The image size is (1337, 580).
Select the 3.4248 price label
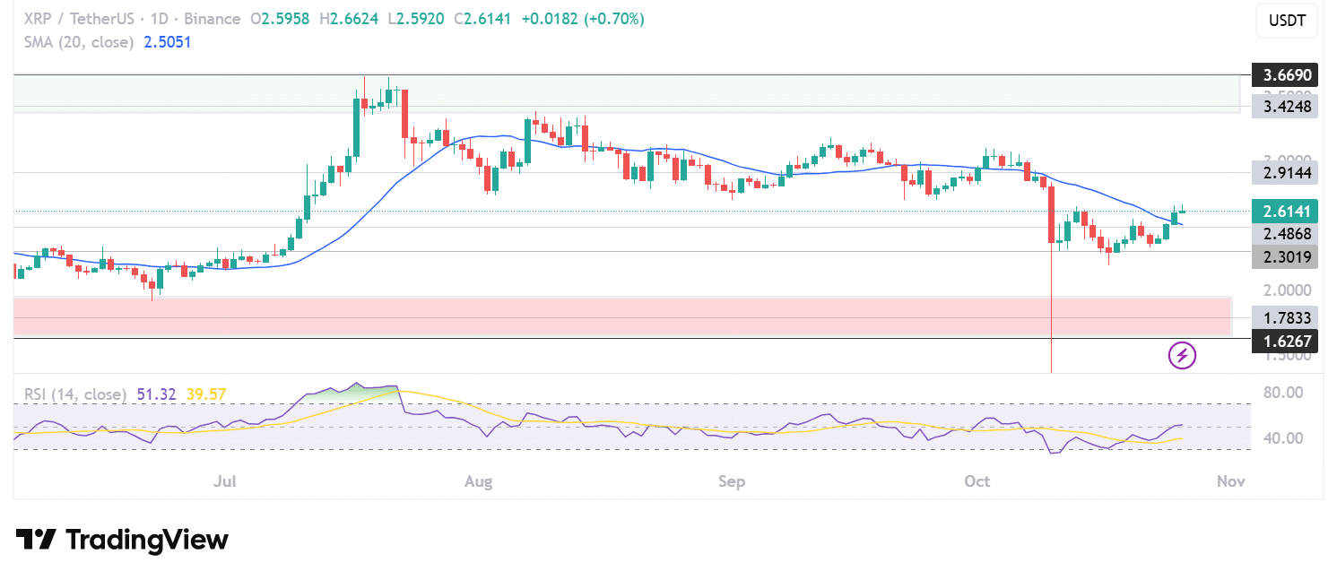click(x=1288, y=107)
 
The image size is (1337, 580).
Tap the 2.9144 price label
click(x=1288, y=172)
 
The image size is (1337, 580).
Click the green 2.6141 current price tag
click(x=1288, y=211)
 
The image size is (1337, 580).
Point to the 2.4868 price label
click(x=1288, y=234)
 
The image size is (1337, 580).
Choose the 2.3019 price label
click(x=1288, y=257)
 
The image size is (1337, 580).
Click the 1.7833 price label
click(x=1288, y=317)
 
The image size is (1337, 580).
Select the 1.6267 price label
click(x=1288, y=340)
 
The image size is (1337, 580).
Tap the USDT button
click(x=1287, y=21)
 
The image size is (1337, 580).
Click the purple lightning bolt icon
click(x=1183, y=355)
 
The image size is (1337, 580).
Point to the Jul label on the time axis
click(x=224, y=481)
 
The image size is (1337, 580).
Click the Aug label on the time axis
click(x=479, y=481)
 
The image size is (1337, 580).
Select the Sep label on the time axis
click(x=732, y=481)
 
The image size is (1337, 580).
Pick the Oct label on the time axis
click(x=977, y=481)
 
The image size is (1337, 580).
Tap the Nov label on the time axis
click(x=1230, y=481)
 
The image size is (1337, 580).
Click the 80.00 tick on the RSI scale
click(x=1283, y=393)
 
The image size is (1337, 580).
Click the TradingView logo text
click(x=146, y=540)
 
